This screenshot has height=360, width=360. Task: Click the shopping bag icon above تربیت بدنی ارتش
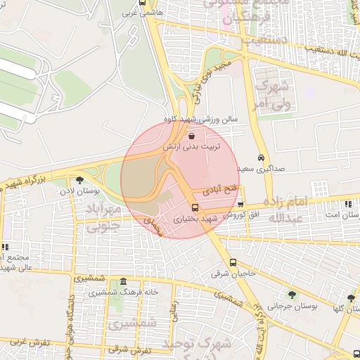pos(192,134)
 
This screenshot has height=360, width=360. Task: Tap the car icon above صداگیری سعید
pos(261,157)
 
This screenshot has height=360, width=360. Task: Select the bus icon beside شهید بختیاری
pos(195,207)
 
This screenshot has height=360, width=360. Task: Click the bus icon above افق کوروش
pos(240,204)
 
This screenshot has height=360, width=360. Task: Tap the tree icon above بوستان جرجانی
pos(291,295)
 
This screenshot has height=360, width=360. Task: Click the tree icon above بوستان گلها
pos(340,298)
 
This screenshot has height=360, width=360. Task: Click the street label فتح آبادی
pos(221,190)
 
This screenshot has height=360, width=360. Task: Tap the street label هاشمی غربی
pos(141,13)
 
